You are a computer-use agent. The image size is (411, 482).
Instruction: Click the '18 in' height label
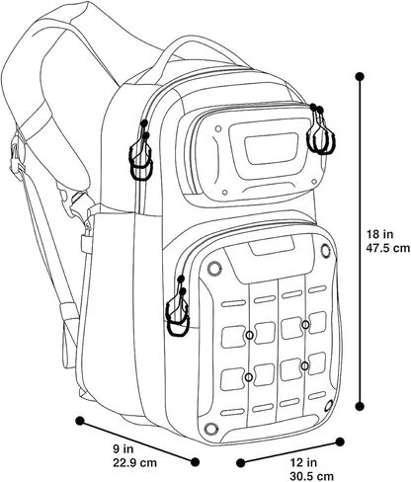pyautogui.click(x=380, y=234)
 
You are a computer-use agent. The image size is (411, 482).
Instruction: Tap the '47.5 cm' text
pyautogui.click(x=388, y=248)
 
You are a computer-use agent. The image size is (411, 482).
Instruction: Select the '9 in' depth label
pyautogui.click(x=123, y=448)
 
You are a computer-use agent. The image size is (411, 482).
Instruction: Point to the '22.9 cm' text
pyautogui.click(x=134, y=462)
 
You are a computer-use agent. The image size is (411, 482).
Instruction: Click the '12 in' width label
pyautogui.click(x=303, y=462)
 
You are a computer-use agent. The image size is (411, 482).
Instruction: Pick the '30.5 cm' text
pyautogui.click(x=311, y=476)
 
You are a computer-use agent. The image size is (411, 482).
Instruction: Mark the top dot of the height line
pyautogui.click(x=360, y=77)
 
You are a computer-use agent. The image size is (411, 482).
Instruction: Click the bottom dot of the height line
pyautogui.click(x=360, y=406)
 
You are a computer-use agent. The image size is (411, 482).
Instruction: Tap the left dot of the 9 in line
pyautogui.click(x=80, y=421)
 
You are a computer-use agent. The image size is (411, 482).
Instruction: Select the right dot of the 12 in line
pyautogui.click(x=340, y=442)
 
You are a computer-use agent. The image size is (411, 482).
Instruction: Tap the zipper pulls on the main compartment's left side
pyautogui.click(x=141, y=151)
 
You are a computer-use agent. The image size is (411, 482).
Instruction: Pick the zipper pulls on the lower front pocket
pyautogui.click(x=178, y=307)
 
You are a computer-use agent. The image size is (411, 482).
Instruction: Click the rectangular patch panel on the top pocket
pyautogui.click(x=271, y=148)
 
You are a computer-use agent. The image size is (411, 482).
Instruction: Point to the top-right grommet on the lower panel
pyautogui.click(x=325, y=252)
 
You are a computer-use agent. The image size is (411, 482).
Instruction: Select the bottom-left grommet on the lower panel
pyautogui.click(x=210, y=429)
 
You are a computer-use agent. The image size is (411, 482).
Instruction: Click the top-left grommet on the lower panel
pyautogui.click(x=214, y=269)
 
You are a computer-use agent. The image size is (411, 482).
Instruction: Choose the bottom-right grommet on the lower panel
pyautogui.click(x=328, y=406)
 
